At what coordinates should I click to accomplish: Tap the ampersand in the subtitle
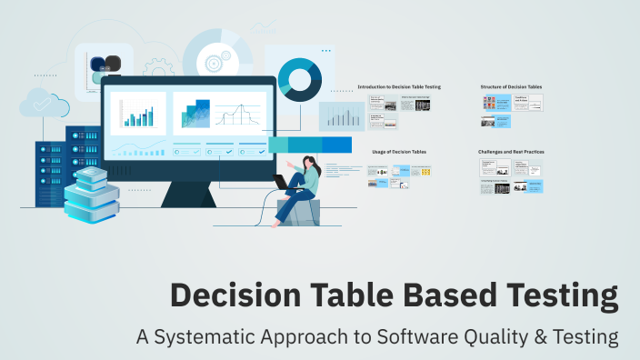point(539,336)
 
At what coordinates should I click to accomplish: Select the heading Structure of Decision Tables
point(511,86)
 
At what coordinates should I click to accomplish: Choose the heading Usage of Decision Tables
point(399,151)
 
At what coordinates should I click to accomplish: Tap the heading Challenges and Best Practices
point(511,151)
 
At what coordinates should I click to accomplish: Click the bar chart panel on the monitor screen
point(137,114)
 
